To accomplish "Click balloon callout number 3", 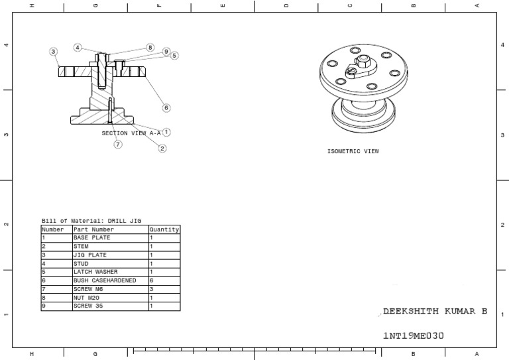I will pyautogui.click(x=53, y=51).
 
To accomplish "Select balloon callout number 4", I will pyautogui.click(x=78, y=48).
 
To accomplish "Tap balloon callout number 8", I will pyautogui.click(x=150, y=48).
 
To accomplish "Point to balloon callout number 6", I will pyautogui.click(x=166, y=107).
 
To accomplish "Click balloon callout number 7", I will pyautogui.click(x=118, y=144).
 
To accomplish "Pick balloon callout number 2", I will pyautogui.click(x=162, y=149).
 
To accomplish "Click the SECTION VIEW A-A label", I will pyautogui.click(x=131, y=133).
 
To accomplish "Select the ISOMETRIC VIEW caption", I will pyautogui.click(x=353, y=151).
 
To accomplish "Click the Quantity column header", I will pyautogui.click(x=164, y=229).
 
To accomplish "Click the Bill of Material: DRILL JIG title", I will pyautogui.click(x=91, y=221).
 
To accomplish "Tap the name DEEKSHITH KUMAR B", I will pyautogui.click(x=435, y=312).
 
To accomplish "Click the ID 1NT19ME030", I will pyautogui.click(x=413, y=335).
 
